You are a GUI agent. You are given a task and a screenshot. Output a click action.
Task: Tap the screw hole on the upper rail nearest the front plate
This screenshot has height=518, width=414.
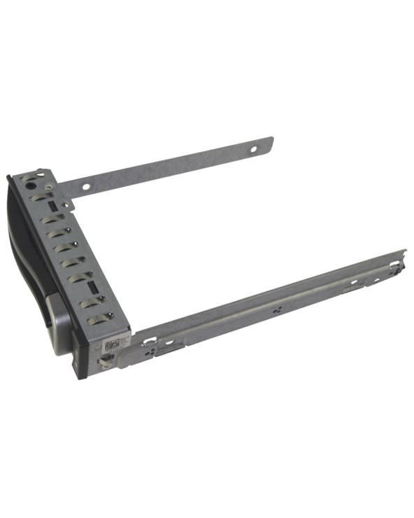85,186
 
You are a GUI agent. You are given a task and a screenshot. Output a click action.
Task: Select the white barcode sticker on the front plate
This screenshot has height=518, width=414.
114,344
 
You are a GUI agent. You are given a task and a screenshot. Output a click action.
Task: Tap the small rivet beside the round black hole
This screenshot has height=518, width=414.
48,187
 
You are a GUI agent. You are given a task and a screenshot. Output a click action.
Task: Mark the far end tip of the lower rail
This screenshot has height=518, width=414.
404,252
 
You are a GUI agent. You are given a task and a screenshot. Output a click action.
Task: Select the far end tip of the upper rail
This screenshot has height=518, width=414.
271,140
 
